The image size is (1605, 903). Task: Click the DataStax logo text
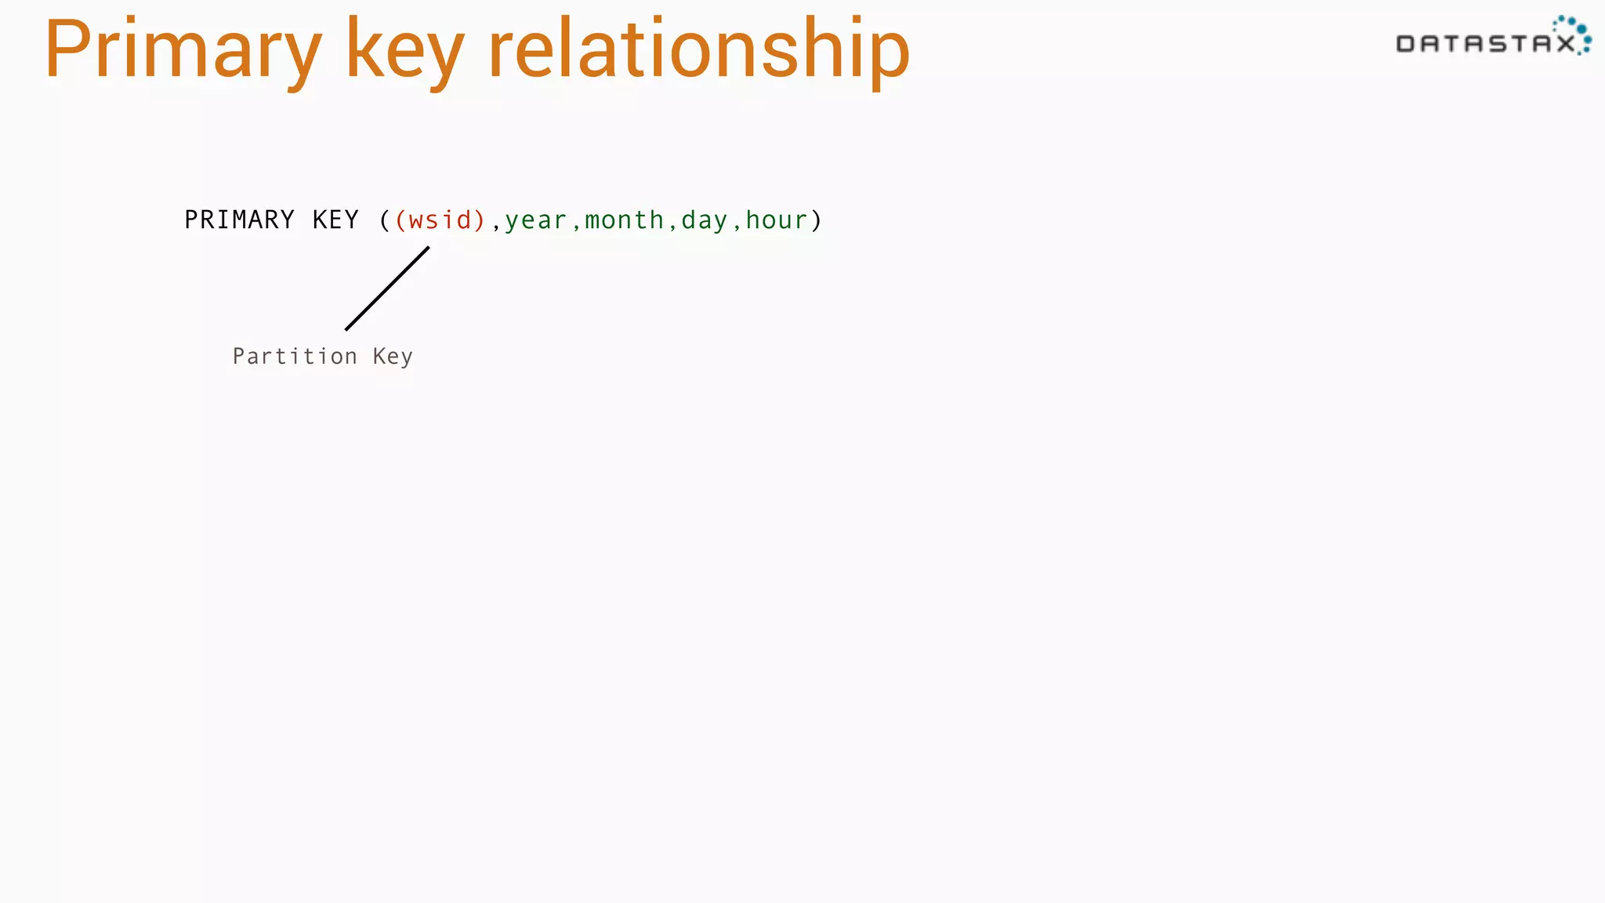point(1485,44)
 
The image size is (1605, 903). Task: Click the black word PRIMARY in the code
point(239,220)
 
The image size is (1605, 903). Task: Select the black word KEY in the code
point(335,220)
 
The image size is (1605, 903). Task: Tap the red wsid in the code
point(440,220)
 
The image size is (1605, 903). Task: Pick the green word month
point(624,220)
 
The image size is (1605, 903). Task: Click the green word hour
point(776,220)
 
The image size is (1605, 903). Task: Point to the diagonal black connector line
point(387,288)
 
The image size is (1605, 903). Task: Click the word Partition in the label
point(295,357)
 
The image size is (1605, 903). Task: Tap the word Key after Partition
point(393,357)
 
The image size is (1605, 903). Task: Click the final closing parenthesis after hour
point(817,220)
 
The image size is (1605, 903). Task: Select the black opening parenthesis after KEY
point(384,220)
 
